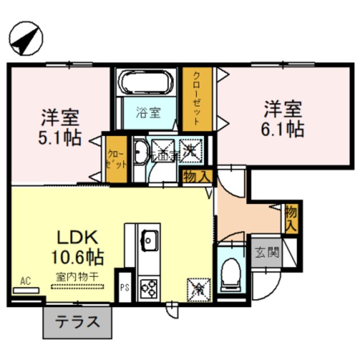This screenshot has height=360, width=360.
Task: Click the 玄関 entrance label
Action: pos(265,251)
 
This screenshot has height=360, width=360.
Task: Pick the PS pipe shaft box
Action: pos(124,287)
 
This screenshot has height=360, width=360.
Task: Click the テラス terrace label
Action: pos(77,322)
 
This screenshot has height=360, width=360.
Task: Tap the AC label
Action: pos(25,280)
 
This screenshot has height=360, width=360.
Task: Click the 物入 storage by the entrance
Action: pos(291,217)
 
